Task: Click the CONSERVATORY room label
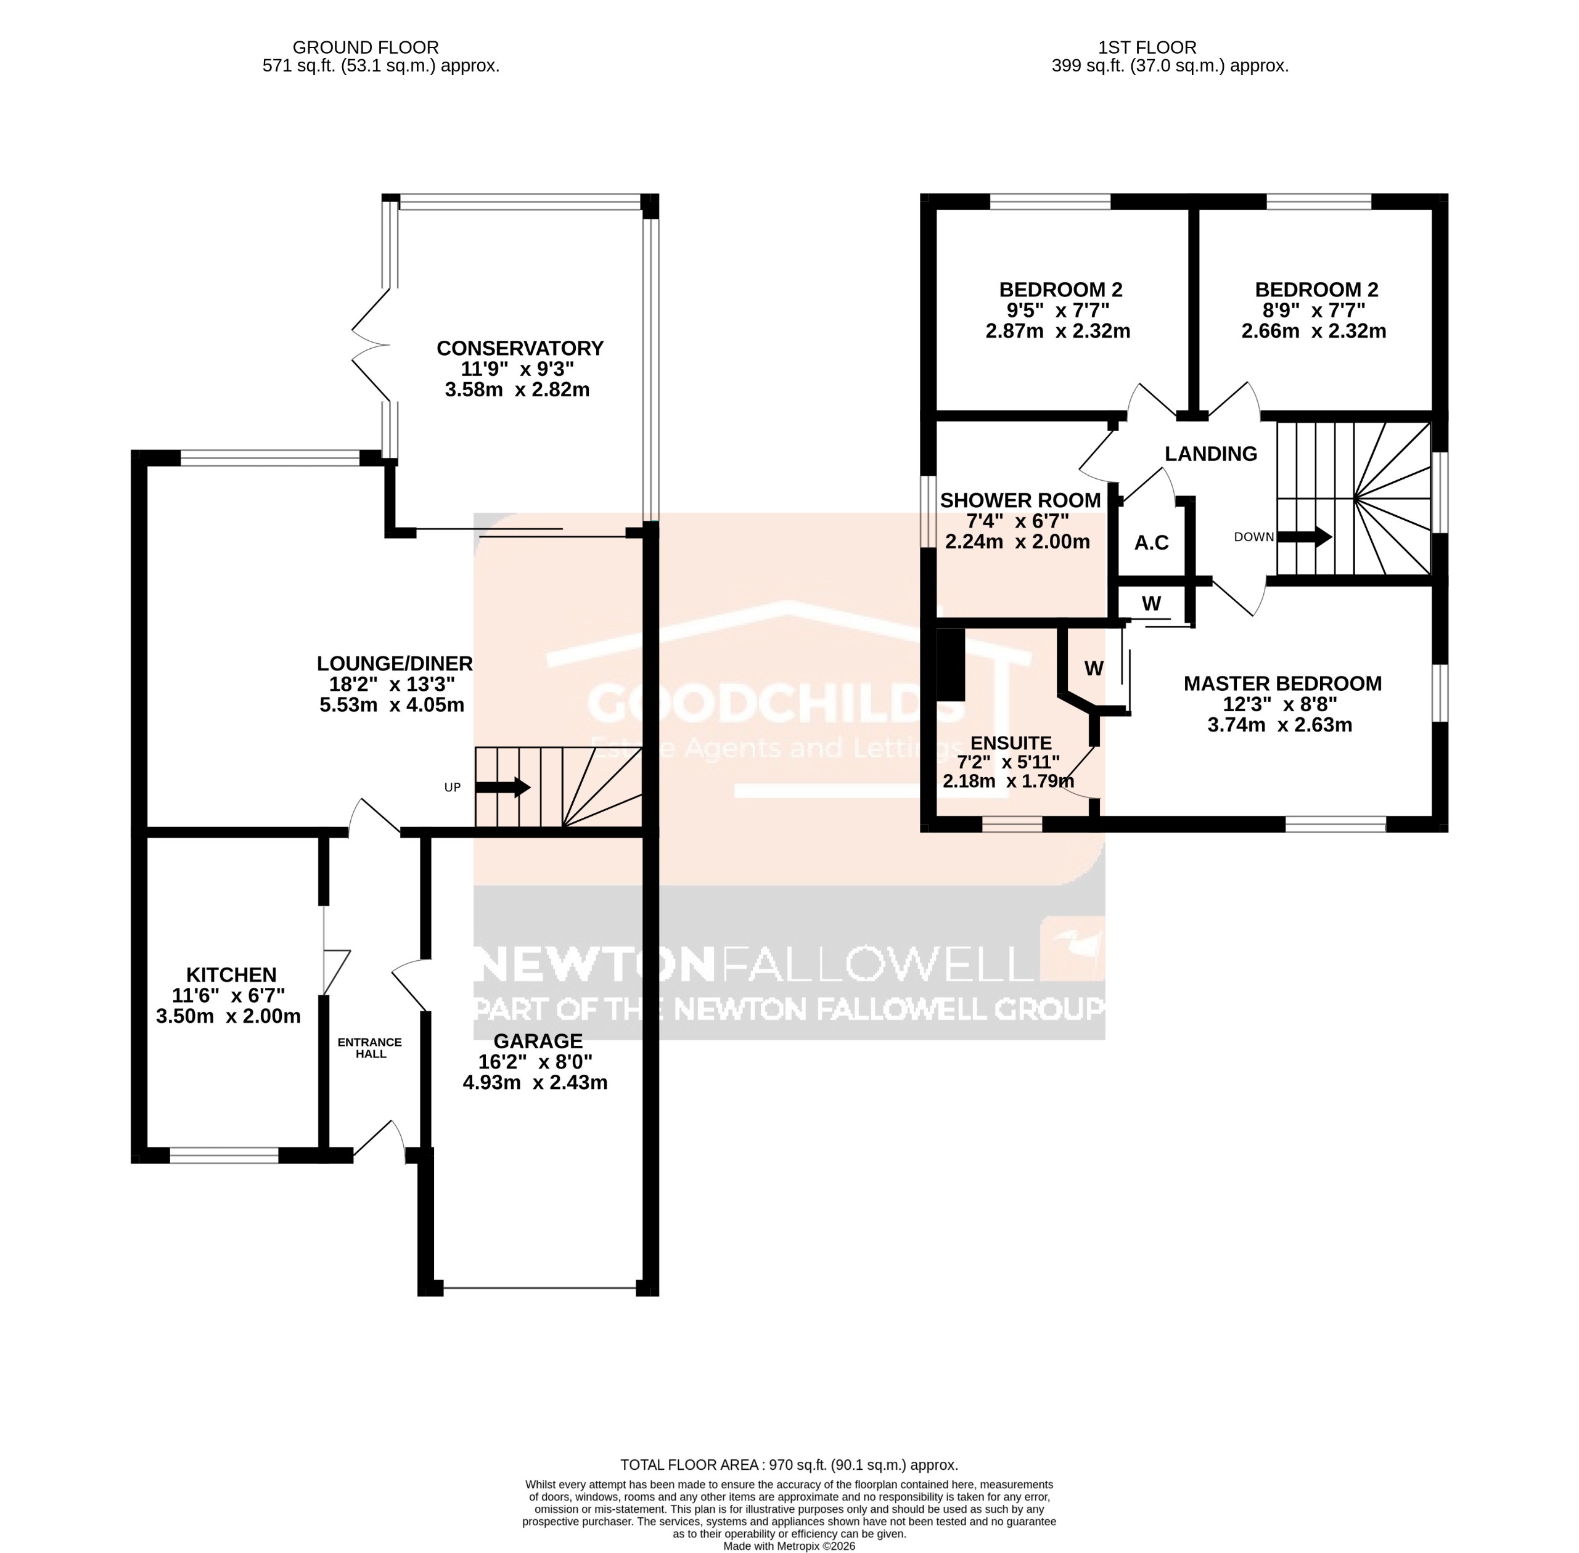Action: coord(520,348)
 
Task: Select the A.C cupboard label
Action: coord(1151,542)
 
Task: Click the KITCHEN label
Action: coord(231,975)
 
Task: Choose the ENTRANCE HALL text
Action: coord(370,1048)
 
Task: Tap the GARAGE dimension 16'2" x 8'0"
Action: coord(535,1062)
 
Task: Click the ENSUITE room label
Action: coord(1011,743)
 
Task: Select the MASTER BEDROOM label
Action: coord(1282,683)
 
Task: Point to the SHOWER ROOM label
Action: coord(1020,500)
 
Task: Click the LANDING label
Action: coord(1210,454)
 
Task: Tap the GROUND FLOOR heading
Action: coord(365,48)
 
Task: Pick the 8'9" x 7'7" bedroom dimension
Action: coord(1314,311)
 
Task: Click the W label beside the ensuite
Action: coord(1094,669)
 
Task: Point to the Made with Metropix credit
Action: coord(789,1546)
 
